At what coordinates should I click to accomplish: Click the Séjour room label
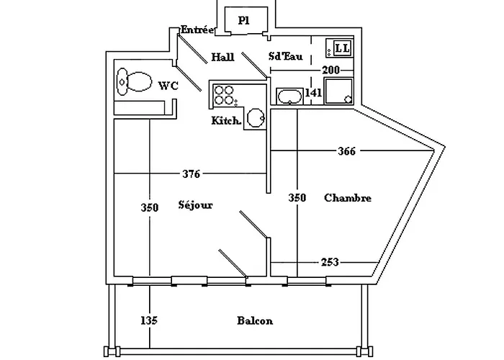pos(195,205)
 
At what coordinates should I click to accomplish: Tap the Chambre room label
pos(348,198)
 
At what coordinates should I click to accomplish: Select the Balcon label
pos(255,320)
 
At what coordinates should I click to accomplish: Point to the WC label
pos(168,86)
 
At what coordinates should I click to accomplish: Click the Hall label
pos(222,57)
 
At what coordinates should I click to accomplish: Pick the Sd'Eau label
pos(285,56)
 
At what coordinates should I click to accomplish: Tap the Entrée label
pos(197,30)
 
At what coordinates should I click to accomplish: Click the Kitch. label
pos(226,120)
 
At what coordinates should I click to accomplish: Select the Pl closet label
pos(243,21)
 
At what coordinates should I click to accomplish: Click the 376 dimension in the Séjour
pos(192,174)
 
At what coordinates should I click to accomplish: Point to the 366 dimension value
pos(347,150)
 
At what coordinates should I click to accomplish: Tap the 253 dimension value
pos(330,262)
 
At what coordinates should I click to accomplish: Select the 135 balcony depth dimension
pos(149,320)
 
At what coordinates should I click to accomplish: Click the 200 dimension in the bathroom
pos(330,70)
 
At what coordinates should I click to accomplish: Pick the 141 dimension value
pos(313,93)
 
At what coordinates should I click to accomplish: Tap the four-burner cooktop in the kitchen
pos(225,95)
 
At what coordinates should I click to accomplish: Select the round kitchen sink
pos(256,118)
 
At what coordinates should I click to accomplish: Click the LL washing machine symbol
pos(339,48)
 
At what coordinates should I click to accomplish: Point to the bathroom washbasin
pos(289,96)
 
